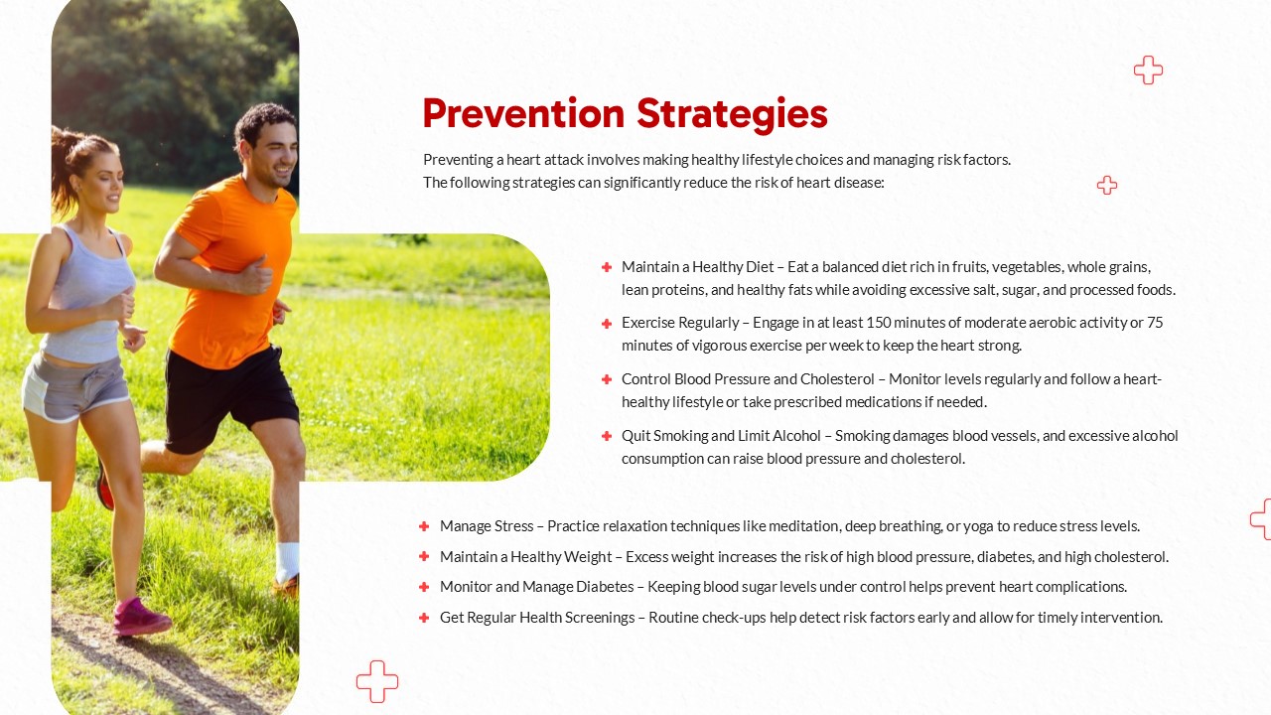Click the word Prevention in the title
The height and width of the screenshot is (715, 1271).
coord(523,113)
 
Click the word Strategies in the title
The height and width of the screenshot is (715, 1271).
coord(732,115)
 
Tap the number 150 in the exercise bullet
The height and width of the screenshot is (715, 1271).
coord(879,323)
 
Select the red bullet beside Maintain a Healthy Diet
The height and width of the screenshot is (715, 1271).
coord(607,267)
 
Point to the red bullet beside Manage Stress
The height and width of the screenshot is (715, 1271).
coord(424,526)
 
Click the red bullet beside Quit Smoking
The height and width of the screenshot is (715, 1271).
coord(607,436)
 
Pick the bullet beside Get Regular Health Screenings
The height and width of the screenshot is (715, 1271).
coord(424,618)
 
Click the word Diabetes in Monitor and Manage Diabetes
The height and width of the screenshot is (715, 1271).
coord(605,586)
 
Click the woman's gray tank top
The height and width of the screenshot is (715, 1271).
coord(90,295)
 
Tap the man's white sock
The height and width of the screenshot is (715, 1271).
coord(288,562)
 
